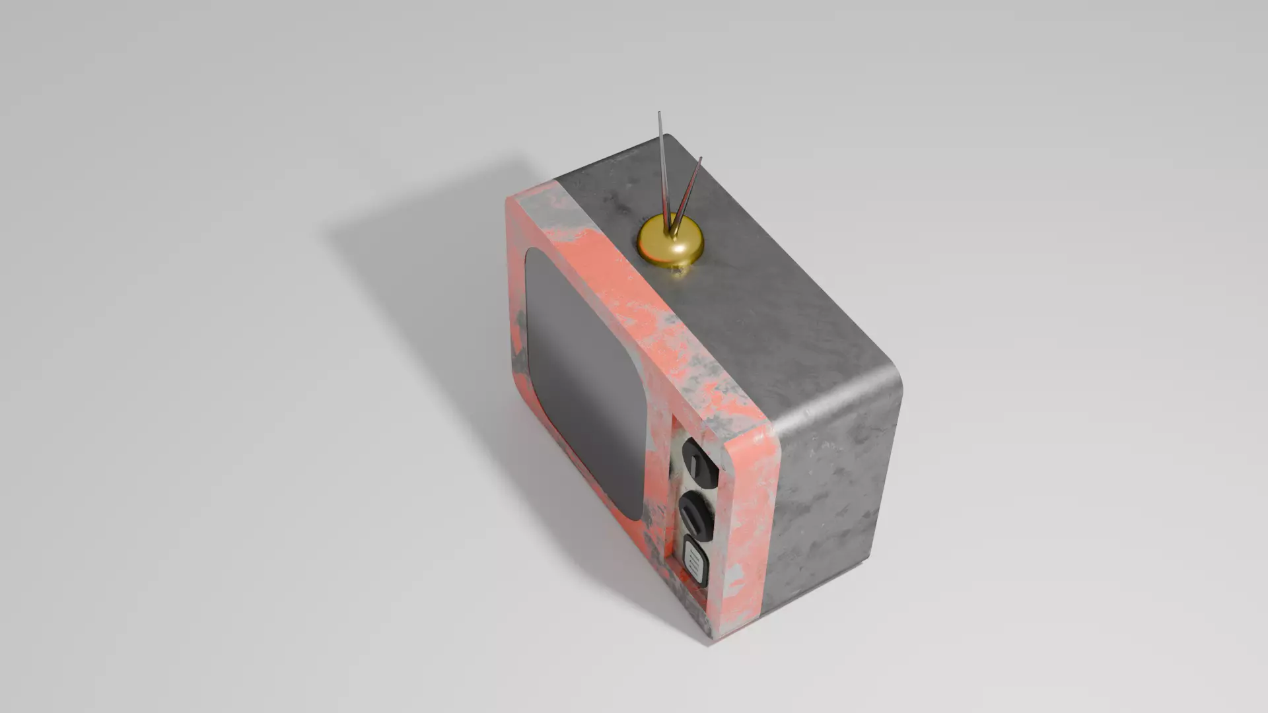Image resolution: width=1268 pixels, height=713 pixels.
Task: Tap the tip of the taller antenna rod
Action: pos(659,114)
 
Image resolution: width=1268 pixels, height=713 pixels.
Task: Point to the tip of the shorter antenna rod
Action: pos(700,158)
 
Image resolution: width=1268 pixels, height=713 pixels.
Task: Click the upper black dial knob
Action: pos(699,461)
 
